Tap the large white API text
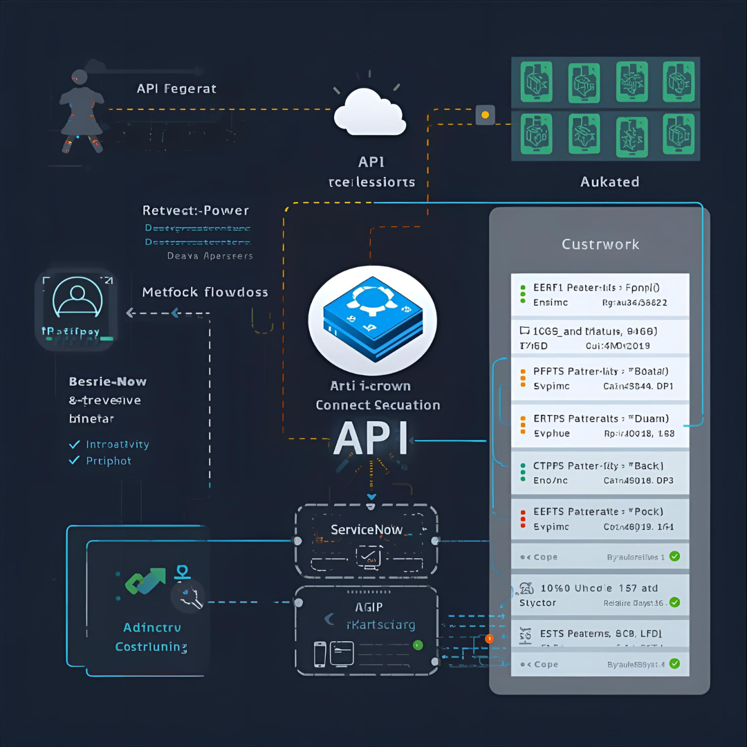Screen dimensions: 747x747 click(371, 438)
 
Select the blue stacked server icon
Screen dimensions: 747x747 click(371, 315)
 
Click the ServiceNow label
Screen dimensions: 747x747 click(367, 530)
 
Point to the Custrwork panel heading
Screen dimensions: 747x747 click(600, 244)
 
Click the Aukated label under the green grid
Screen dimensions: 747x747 click(609, 182)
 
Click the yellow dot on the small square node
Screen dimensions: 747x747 click(485, 114)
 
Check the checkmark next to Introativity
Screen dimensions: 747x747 click(75, 444)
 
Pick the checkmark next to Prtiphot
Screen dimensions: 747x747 click(75, 461)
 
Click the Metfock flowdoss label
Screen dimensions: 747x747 click(205, 292)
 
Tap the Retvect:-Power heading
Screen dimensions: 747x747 click(196, 210)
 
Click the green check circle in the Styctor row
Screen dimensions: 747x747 click(674, 602)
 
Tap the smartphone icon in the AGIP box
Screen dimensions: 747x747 click(320, 654)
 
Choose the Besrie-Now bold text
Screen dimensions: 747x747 click(108, 381)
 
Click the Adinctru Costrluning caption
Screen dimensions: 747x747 click(151, 637)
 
